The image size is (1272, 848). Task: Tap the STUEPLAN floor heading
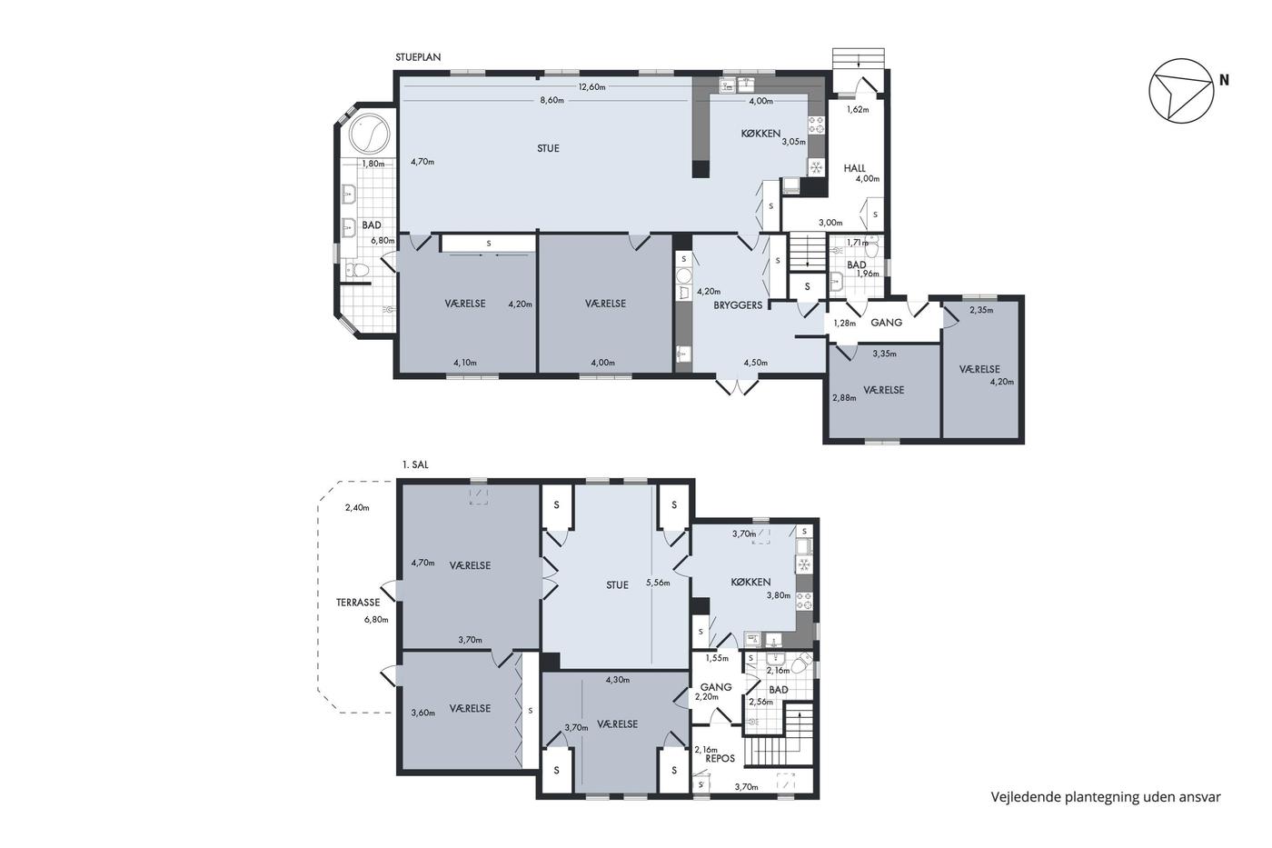coord(418,57)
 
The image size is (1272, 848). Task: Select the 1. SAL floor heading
coord(415,464)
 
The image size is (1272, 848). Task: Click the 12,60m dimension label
coord(591,87)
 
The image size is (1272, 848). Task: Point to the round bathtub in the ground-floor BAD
coord(370,134)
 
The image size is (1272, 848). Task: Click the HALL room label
coord(854,168)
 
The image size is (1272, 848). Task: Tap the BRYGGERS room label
coord(738,305)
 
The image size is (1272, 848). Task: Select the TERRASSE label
coord(358,603)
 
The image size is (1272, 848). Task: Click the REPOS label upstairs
coord(720,758)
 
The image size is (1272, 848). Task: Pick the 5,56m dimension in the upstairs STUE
coord(658,583)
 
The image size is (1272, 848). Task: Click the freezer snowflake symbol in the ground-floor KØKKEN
coord(816,167)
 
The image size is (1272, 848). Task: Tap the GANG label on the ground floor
coord(886,323)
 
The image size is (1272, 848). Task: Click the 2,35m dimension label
coord(981,310)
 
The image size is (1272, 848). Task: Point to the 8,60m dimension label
coord(552,101)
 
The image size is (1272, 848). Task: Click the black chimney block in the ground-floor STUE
coord(701,169)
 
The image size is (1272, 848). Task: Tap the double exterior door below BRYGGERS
coord(737,386)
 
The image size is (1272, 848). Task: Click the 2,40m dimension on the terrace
coord(357,508)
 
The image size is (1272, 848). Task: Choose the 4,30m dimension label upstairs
coord(617,679)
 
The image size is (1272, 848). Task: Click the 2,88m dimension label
coord(844,397)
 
